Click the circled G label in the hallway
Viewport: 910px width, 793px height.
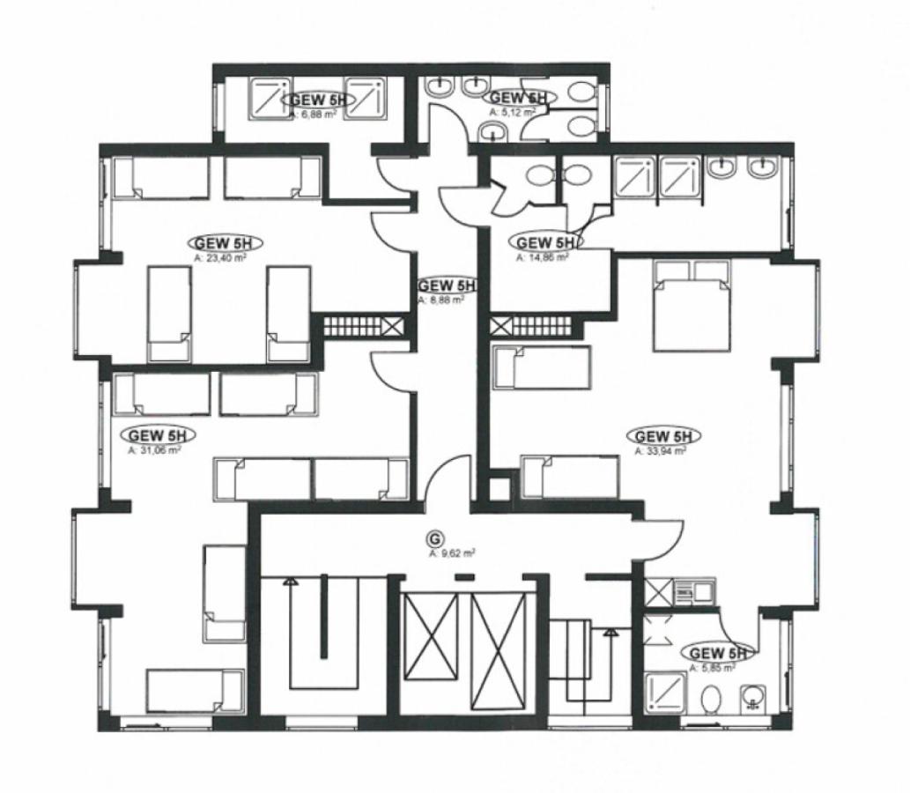click(x=433, y=537)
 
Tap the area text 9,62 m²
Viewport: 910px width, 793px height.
click(x=453, y=554)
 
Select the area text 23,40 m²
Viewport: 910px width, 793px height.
click(x=218, y=258)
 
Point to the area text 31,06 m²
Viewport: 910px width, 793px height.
click(x=154, y=449)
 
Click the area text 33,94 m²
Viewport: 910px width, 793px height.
click(x=661, y=450)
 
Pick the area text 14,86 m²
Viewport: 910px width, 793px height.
click(x=542, y=258)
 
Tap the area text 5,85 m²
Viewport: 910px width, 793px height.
click(x=712, y=668)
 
